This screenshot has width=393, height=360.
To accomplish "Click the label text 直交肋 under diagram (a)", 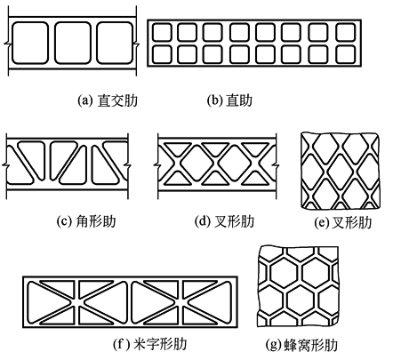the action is (117, 100).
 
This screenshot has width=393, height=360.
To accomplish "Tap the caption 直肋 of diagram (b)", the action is (239, 100).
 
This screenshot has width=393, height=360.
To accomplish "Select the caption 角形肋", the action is (96, 221).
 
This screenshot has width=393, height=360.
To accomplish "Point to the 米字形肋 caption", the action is (160, 344).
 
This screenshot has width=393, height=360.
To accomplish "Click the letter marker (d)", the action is (203, 221).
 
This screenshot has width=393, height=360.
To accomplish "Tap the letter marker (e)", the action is (322, 223).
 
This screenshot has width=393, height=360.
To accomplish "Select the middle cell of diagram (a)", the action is (72, 43).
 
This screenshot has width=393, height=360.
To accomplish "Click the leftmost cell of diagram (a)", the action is (30, 43).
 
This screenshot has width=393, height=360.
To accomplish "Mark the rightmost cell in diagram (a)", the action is (115, 43).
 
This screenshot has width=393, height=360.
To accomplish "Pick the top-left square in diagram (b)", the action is (162, 32).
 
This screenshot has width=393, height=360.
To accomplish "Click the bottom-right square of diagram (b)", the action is (346, 54).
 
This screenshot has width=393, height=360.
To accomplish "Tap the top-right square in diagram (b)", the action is (346, 32).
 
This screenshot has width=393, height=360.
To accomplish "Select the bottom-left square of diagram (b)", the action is (162, 54).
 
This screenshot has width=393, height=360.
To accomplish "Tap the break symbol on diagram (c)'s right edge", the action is (128, 164).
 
